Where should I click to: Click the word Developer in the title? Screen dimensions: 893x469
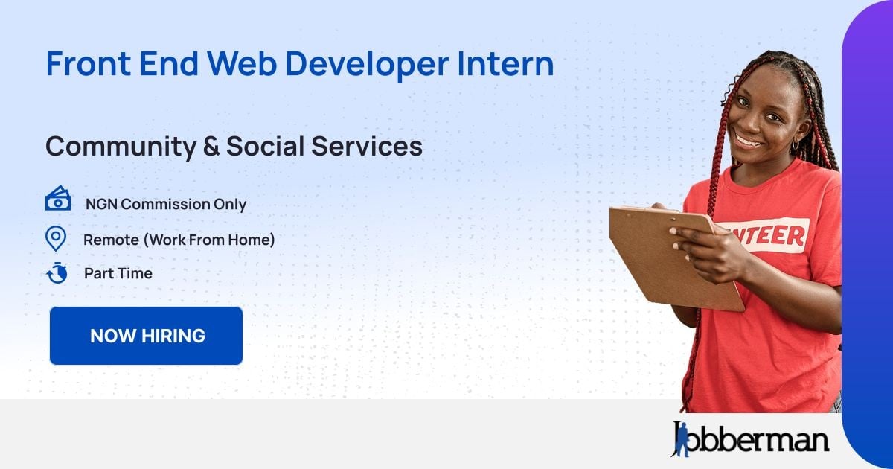tap(367, 64)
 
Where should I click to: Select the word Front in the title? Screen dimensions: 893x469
tap(89, 63)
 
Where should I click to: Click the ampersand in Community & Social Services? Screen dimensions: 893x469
tap(211, 146)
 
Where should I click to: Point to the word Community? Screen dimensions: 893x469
tap(121, 147)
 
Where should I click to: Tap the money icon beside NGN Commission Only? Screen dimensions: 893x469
tap(58, 198)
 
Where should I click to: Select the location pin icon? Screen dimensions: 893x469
tap(56, 238)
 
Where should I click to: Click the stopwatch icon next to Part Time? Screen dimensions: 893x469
tap(57, 272)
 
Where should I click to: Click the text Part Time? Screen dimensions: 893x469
tap(118, 274)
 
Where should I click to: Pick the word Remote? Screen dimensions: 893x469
tap(111, 240)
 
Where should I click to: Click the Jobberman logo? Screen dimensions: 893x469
tap(750, 438)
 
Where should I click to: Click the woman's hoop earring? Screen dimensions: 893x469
tap(795, 144)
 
